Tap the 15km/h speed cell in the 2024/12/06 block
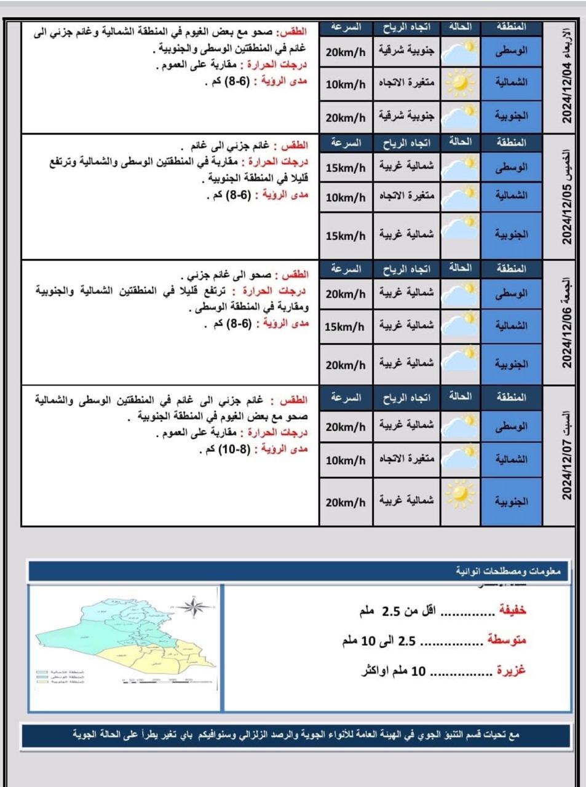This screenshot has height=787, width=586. [x=345, y=326]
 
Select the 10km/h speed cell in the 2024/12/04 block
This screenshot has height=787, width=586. [x=345, y=84]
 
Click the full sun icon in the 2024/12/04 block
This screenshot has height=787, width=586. [x=461, y=83]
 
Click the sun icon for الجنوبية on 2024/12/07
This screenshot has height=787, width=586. [x=461, y=495]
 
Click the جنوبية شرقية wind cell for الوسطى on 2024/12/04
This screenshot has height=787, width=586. [x=406, y=52]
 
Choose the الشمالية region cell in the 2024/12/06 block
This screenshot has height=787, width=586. [x=512, y=326]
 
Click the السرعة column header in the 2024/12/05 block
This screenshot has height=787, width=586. [x=345, y=143]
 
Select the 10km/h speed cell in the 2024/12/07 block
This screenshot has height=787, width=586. [x=345, y=461]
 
